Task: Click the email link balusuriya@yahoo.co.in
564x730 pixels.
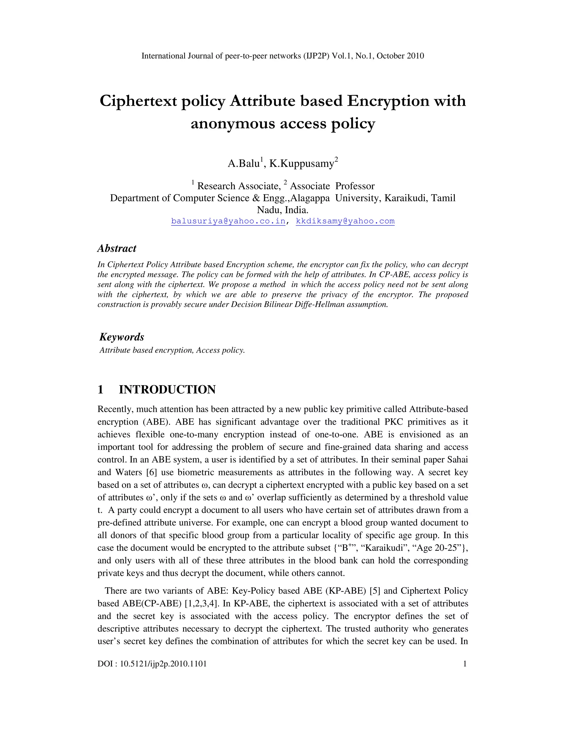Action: pos(228,221)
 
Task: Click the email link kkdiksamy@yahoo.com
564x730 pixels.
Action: pos(345,221)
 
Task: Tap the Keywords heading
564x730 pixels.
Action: pos(122,337)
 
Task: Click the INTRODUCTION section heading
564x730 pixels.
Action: pos(167,390)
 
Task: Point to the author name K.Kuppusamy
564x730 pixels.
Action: pos(302,163)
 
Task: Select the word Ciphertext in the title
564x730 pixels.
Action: pos(138,101)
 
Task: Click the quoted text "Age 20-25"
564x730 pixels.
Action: pos(438,548)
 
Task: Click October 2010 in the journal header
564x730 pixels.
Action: pos(400,56)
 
